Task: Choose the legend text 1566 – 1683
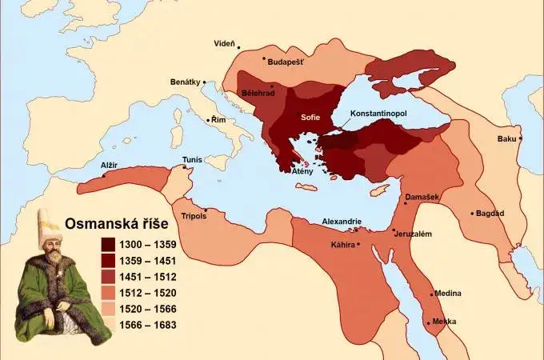[149, 325]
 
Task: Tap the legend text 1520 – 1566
[149, 308]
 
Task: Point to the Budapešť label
[287, 62]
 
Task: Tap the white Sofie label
[310, 117]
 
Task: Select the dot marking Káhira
[358, 243]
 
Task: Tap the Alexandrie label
[342, 221]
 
